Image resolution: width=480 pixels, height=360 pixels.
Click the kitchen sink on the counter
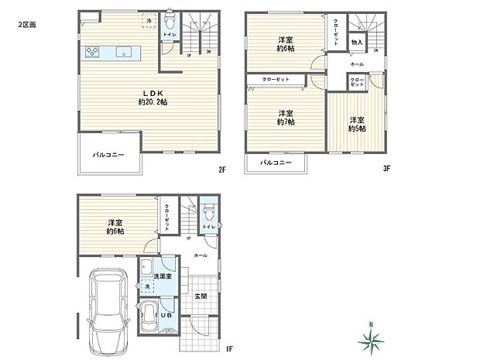124,53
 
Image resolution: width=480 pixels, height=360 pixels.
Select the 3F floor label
386,167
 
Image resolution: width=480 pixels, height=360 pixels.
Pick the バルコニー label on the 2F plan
108,155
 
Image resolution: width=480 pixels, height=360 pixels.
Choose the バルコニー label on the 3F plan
276,163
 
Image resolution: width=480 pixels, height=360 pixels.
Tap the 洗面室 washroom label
162,276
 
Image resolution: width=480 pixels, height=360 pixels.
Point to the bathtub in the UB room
149,317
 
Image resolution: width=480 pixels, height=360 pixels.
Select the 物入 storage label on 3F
357,43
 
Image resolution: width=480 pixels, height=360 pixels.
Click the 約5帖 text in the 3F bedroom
357,129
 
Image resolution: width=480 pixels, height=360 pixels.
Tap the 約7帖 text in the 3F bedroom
285,122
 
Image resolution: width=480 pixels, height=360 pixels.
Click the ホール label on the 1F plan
200,255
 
